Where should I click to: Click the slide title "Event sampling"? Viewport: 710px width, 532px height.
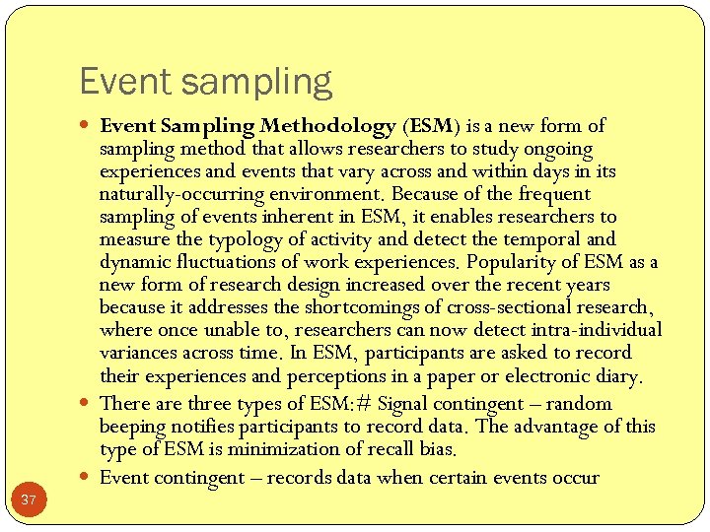point(205,81)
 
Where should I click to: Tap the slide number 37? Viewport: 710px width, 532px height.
point(29,500)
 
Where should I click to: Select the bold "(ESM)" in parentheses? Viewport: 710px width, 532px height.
point(430,126)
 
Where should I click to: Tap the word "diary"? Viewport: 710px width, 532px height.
point(617,375)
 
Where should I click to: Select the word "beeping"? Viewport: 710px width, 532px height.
point(134,427)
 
